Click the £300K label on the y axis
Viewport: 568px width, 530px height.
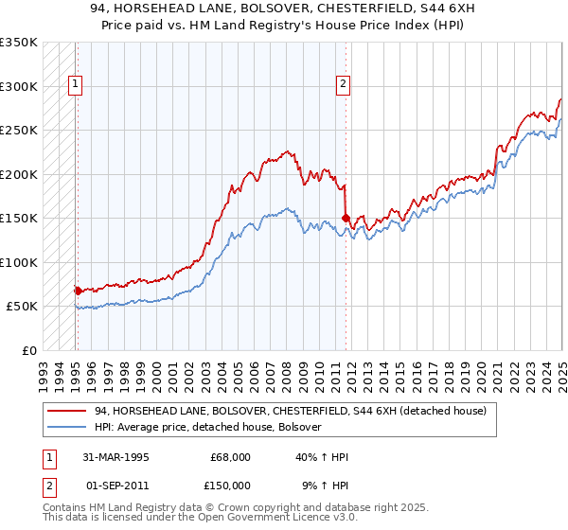(x=19, y=86)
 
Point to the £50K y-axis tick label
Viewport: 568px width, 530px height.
(x=22, y=307)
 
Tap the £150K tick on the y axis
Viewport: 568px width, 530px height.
(x=19, y=219)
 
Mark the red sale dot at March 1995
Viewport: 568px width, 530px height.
(x=77, y=291)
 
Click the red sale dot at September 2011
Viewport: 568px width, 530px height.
(x=346, y=218)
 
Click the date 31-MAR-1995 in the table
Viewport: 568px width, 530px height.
(x=116, y=457)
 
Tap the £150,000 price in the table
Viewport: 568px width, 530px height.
(x=230, y=485)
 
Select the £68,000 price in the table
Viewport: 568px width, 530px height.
(x=230, y=457)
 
